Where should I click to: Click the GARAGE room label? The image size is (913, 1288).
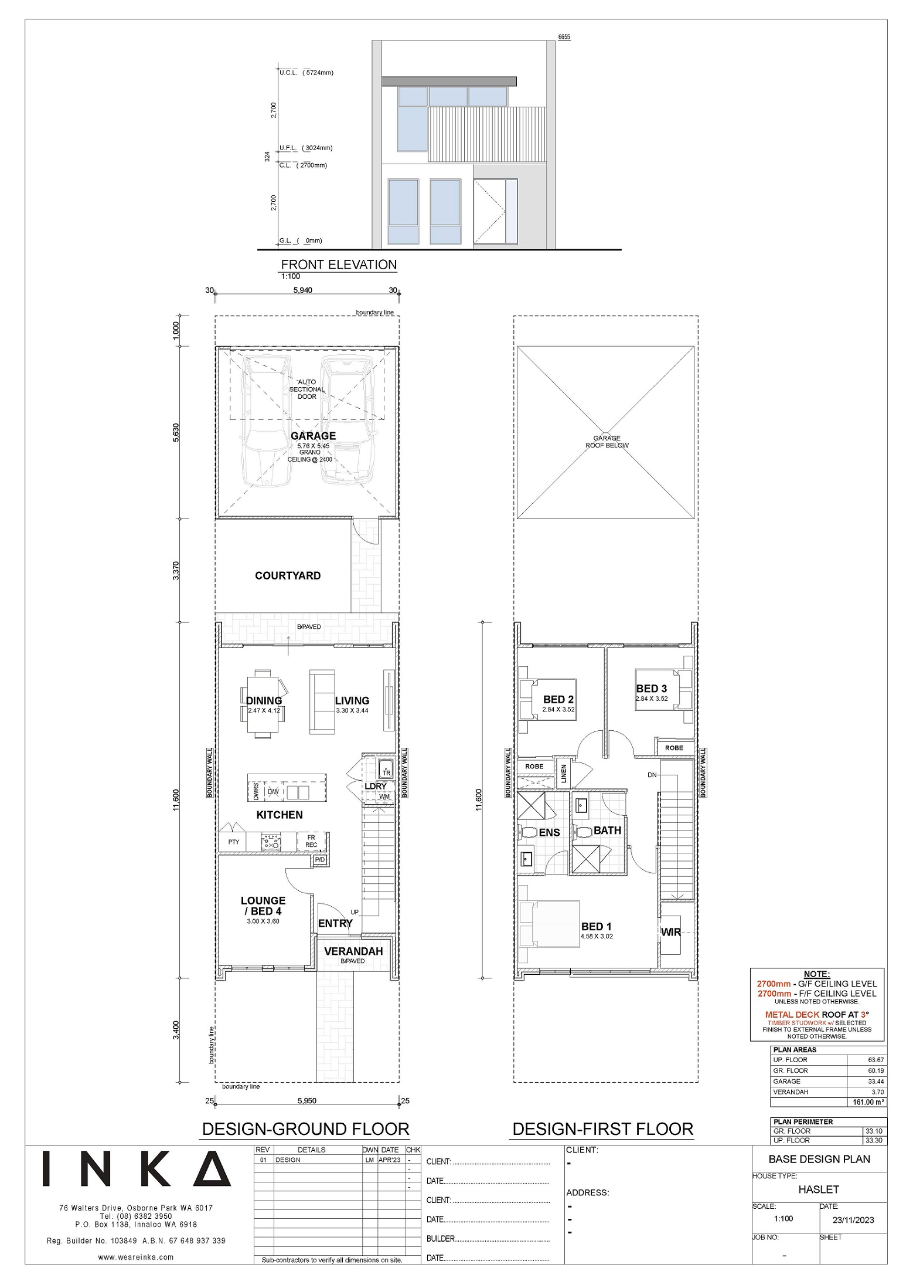click(x=314, y=436)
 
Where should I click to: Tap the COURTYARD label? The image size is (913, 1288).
click(x=288, y=575)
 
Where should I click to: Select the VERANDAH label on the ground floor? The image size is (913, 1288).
click(x=353, y=951)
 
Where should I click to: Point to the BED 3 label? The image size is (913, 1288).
click(x=652, y=689)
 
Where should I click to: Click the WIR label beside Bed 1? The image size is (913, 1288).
click(x=671, y=931)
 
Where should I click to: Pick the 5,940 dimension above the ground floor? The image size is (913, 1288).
click(x=303, y=290)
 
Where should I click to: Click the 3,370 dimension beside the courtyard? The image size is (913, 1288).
click(x=176, y=571)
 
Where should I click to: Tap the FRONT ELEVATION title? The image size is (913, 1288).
click(x=339, y=265)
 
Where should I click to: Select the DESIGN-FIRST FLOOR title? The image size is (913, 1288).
click(x=603, y=1128)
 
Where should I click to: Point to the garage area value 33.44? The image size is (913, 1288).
click(x=876, y=1081)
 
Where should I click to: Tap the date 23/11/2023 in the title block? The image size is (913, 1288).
click(x=853, y=1220)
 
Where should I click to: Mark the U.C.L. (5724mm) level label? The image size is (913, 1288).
click(x=306, y=73)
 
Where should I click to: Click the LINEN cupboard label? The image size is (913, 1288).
click(x=564, y=774)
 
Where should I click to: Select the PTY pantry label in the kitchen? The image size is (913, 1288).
click(x=234, y=842)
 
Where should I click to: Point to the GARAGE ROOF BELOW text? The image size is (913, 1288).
click(x=607, y=442)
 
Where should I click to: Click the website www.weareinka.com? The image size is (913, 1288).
click(x=136, y=1257)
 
